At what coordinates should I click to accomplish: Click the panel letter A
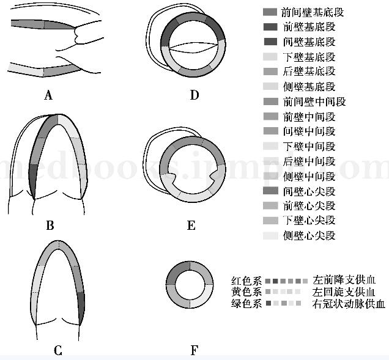click(x=49, y=95)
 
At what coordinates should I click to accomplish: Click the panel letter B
click(x=50, y=226)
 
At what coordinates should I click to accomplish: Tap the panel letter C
click(x=57, y=350)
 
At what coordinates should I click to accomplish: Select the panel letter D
click(x=194, y=95)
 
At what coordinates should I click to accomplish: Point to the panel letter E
click(x=191, y=226)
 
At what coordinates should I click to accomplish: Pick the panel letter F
click(x=194, y=350)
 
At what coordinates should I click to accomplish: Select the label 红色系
click(x=246, y=281)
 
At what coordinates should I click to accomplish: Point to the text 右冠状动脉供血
click(x=349, y=304)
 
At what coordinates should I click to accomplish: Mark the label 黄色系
click(x=246, y=293)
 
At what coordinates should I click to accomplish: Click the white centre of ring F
click(x=190, y=286)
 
